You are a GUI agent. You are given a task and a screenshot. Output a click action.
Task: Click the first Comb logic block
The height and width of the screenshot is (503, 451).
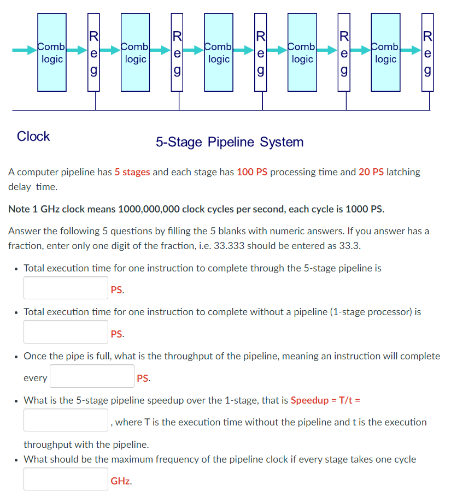tap(52, 52)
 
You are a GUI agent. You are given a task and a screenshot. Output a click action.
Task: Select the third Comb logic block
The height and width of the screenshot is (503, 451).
tap(219, 52)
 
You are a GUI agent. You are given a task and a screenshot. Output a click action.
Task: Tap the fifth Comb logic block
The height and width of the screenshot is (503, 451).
tap(385, 52)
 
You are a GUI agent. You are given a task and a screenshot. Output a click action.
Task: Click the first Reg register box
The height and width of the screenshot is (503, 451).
tap(94, 55)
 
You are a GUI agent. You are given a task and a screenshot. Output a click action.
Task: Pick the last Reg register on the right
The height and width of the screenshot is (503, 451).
tap(428, 55)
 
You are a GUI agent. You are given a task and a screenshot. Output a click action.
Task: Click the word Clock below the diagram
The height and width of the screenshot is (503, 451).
tap(33, 137)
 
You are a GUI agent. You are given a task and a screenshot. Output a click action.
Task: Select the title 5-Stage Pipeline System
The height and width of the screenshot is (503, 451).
tap(229, 143)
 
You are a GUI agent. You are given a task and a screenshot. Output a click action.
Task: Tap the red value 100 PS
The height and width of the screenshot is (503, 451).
tap(252, 172)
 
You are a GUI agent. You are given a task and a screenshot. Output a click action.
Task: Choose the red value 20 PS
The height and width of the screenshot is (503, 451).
tap(371, 172)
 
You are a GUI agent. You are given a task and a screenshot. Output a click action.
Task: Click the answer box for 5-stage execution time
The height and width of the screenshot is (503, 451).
tap(66, 288)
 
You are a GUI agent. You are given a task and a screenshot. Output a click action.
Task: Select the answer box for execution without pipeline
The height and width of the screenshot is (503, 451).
tap(66, 332)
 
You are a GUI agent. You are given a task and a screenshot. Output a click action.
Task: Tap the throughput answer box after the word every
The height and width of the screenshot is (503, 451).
tap(92, 376)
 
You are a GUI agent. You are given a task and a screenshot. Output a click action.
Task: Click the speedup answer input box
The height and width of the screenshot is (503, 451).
tap(66, 420)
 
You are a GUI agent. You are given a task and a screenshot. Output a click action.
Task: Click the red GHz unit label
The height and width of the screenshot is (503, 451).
tap(120, 481)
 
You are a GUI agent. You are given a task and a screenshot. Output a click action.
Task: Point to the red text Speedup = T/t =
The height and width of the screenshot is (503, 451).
tap(325, 400)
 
